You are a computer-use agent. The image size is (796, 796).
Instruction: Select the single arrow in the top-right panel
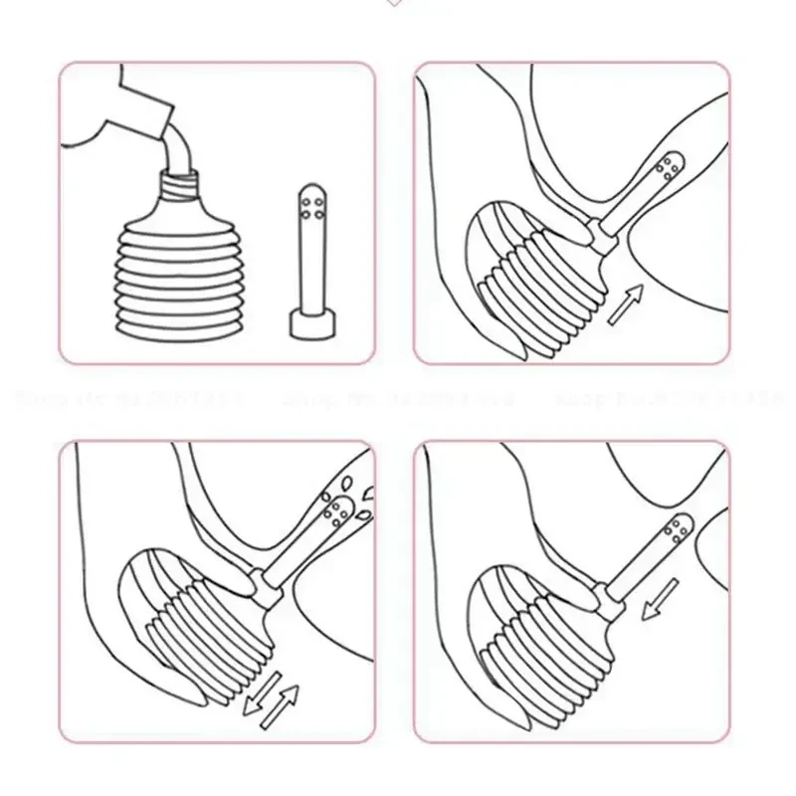[625, 301]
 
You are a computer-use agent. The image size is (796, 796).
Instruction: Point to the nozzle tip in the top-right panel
[674, 168]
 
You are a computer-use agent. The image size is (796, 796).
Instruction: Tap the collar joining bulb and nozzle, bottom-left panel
[264, 580]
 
